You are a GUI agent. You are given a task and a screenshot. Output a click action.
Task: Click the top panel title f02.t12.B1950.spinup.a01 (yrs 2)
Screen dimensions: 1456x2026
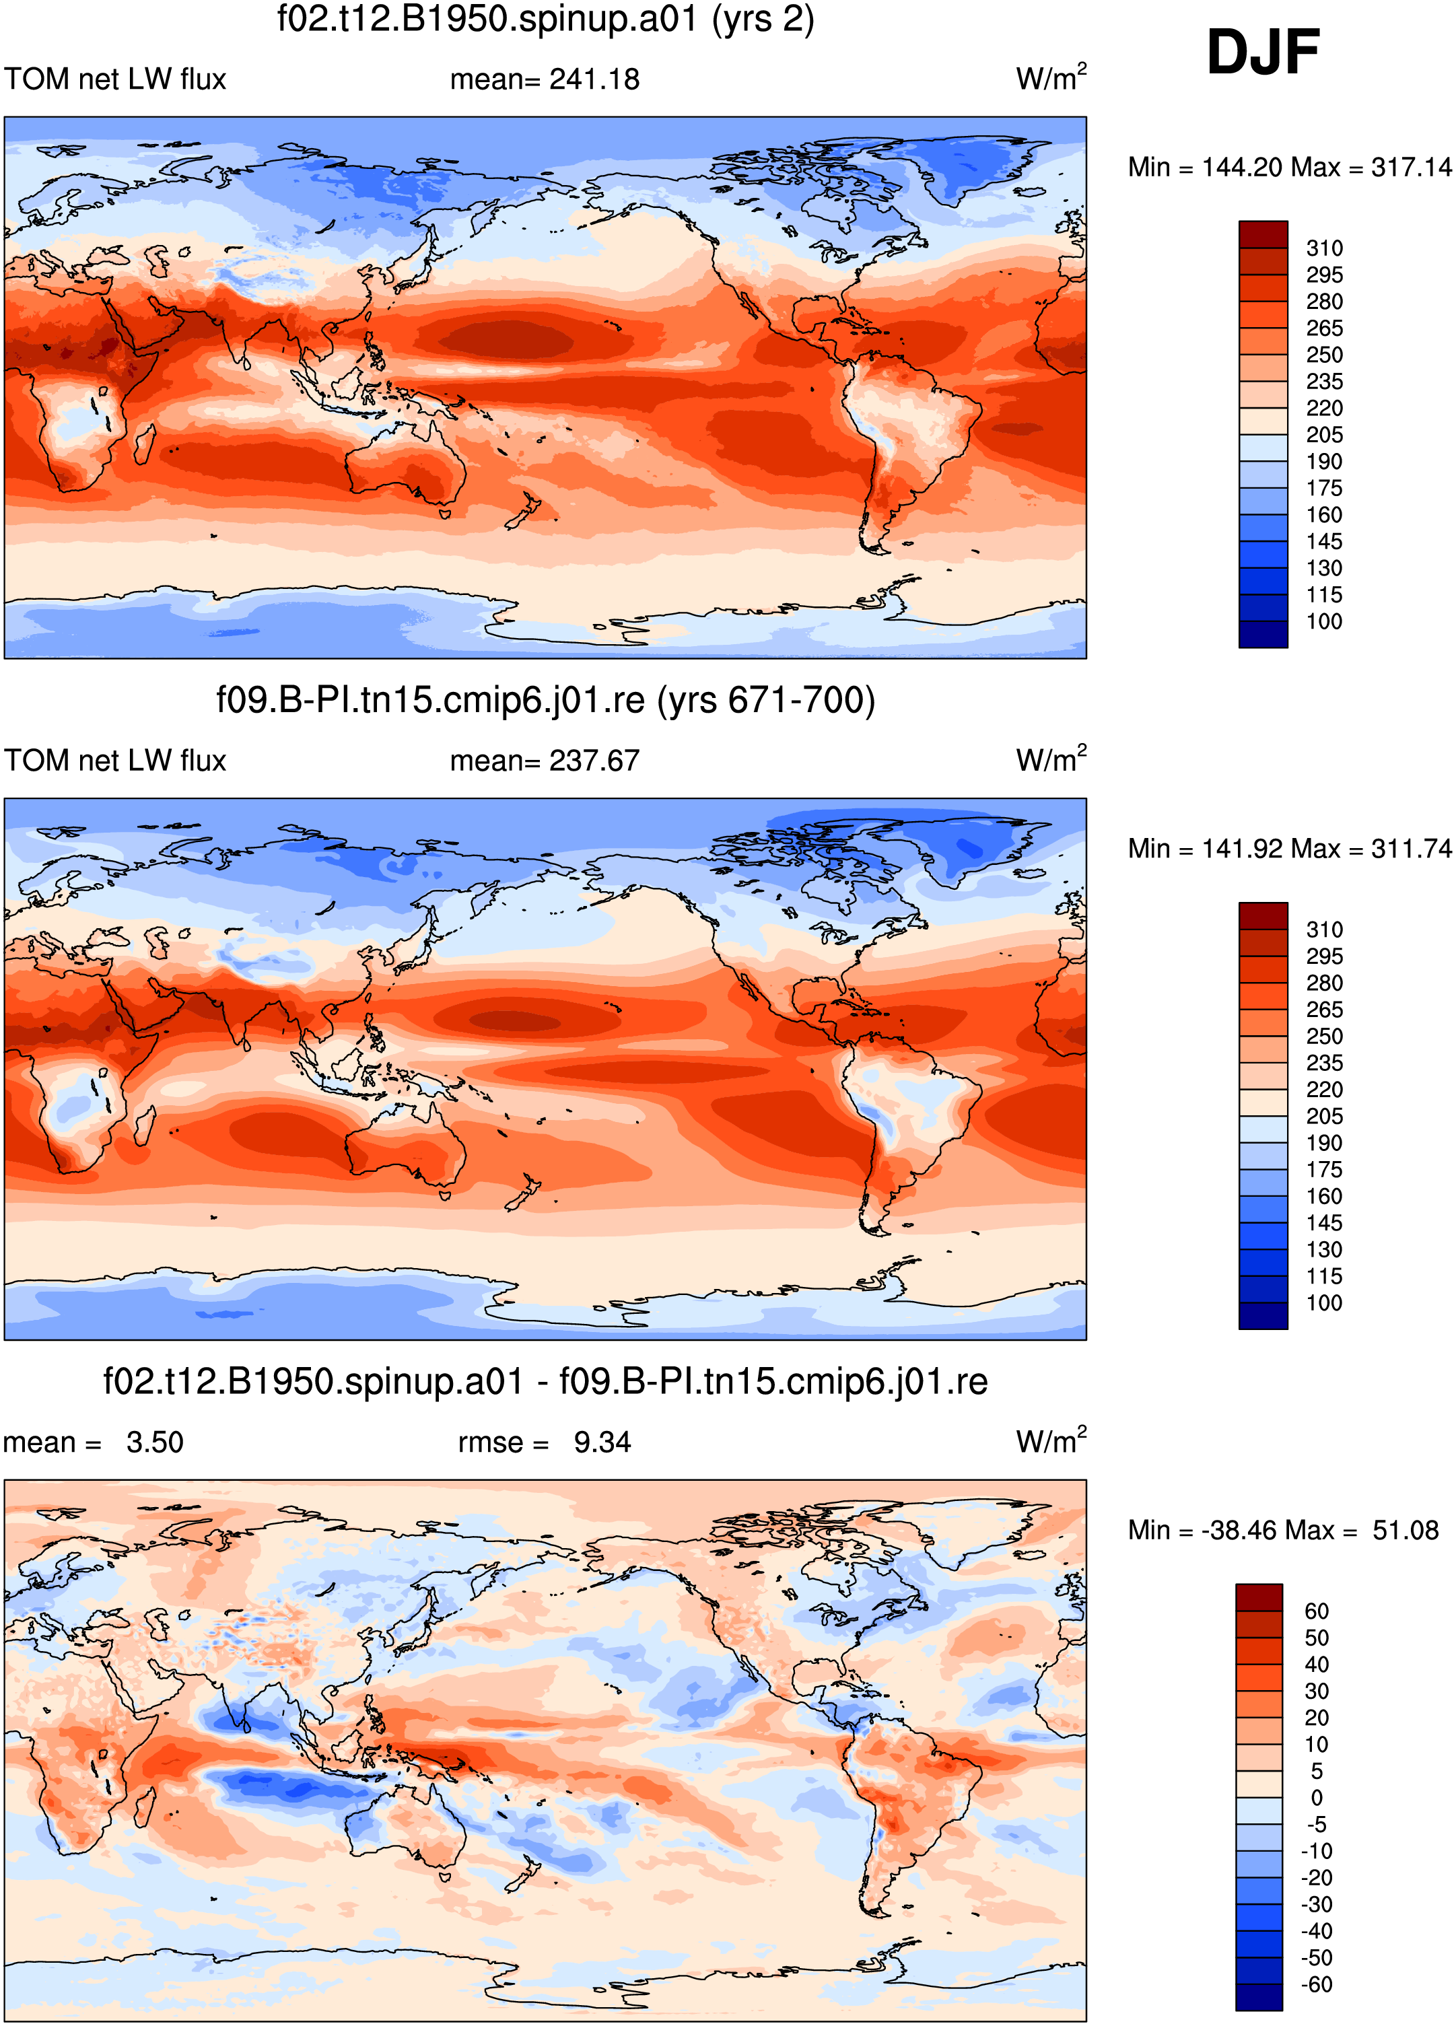click(546, 20)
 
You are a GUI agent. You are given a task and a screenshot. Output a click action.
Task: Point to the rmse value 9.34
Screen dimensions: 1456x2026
click(602, 1442)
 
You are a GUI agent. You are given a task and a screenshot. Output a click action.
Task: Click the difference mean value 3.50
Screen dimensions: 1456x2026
click(155, 1442)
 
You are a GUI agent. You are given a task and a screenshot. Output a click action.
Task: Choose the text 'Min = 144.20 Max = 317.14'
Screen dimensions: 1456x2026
click(1290, 167)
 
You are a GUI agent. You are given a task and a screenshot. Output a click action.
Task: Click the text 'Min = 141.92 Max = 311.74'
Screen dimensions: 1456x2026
click(1290, 849)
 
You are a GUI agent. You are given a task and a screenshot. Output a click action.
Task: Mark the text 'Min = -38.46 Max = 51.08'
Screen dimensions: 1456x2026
click(1284, 1530)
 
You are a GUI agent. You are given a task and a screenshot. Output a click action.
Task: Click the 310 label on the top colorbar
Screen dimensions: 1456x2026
click(1324, 248)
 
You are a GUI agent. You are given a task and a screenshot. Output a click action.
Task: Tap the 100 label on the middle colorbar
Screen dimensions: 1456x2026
click(1324, 1303)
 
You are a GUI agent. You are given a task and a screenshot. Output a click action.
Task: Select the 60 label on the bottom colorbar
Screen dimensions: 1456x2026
click(1317, 1611)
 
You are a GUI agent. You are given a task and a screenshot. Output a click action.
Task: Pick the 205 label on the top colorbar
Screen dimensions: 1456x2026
click(1324, 435)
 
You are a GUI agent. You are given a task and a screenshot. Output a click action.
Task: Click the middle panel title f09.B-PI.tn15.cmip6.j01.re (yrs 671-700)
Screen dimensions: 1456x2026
click(546, 700)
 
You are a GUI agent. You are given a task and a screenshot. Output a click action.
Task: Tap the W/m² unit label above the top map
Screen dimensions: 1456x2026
click(1051, 77)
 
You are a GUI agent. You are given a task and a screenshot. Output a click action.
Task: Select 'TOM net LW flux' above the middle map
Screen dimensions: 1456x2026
click(115, 761)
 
